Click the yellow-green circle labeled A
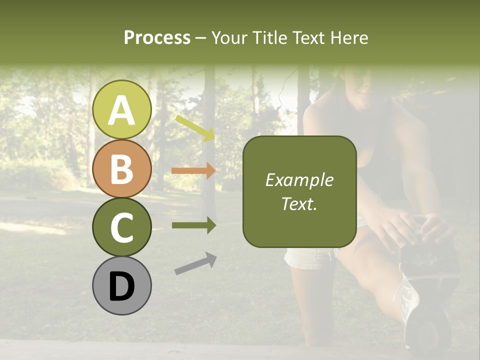click(121, 109)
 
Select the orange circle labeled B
click(121, 168)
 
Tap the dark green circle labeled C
click(121, 227)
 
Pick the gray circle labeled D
click(121, 285)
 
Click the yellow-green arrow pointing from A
click(195, 128)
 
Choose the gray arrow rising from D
click(195, 263)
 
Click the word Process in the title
click(157, 37)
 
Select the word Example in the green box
click(299, 180)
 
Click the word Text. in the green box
click(299, 203)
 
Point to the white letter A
click(121, 110)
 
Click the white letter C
click(121, 228)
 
